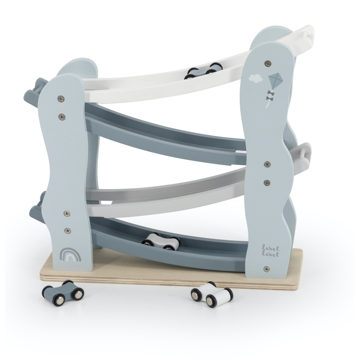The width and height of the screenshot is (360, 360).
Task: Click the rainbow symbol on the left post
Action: (70, 255)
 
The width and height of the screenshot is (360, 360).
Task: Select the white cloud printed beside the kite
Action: (256, 78)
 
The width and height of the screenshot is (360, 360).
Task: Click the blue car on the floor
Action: (63, 292)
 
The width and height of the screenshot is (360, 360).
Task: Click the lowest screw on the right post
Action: (266, 268)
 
